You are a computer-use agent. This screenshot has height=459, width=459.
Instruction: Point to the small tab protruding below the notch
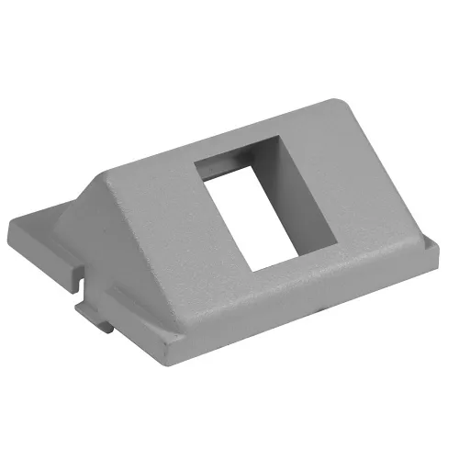tap(103, 320)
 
